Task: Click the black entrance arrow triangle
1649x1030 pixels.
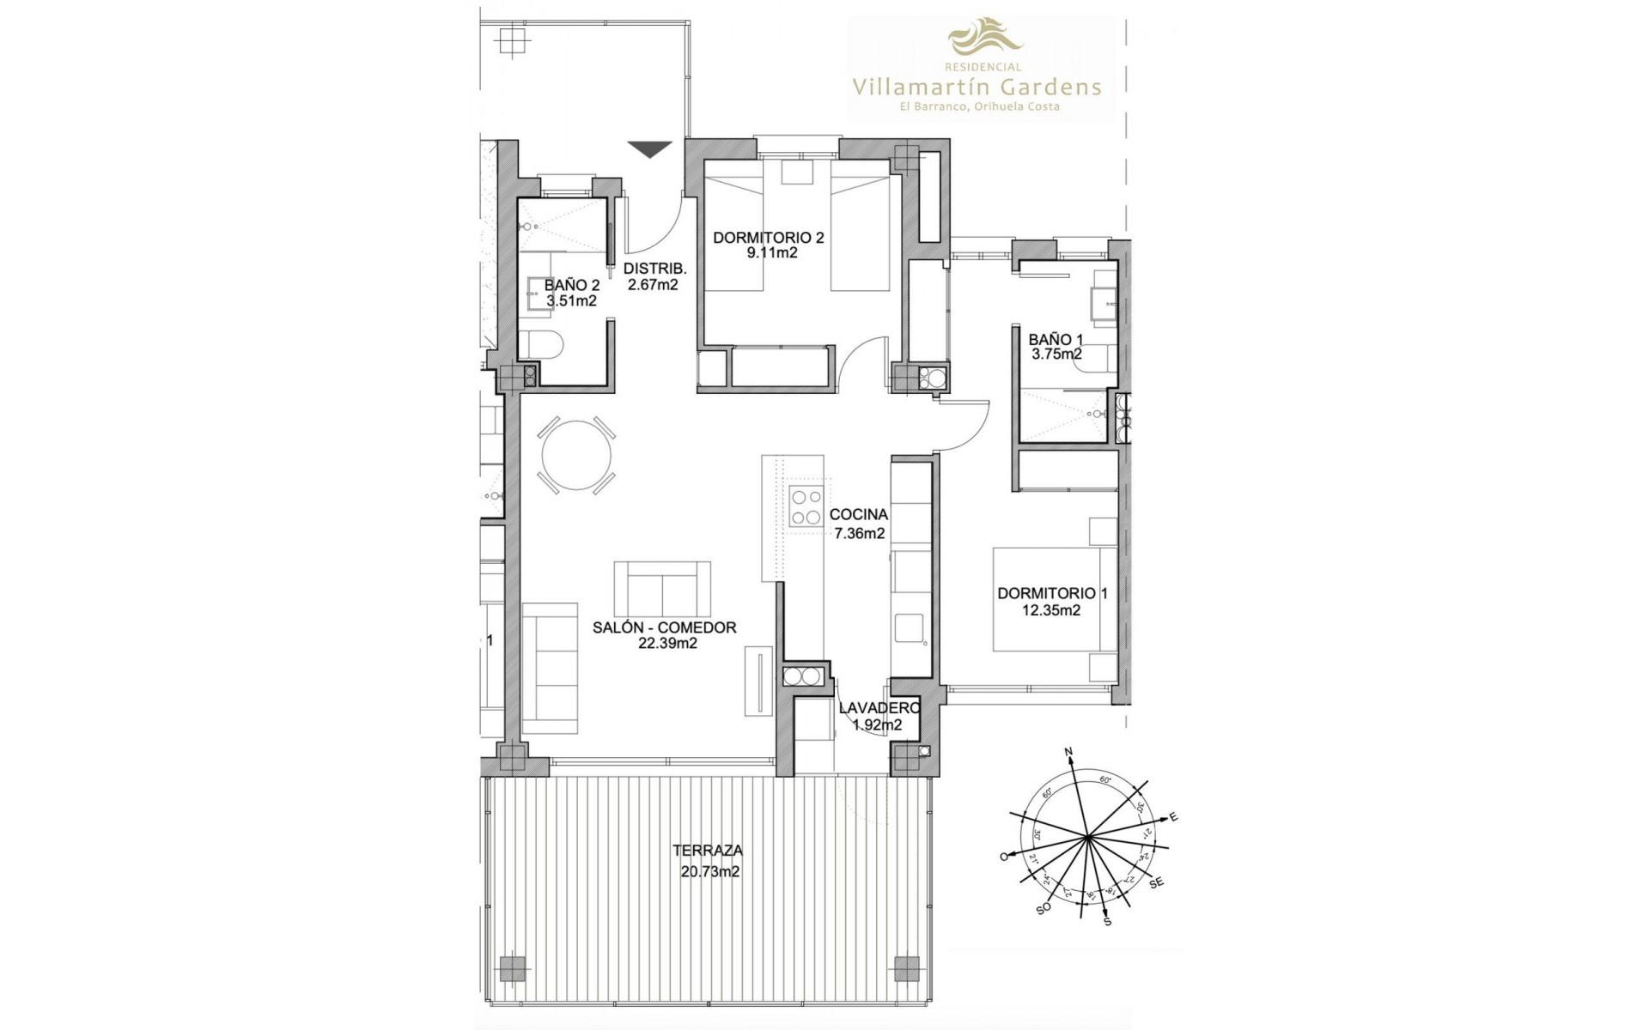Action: pyautogui.click(x=648, y=149)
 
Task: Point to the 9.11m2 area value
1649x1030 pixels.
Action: pyautogui.click(x=768, y=253)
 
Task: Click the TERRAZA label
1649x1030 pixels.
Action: pyautogui.click(x=708, y=851)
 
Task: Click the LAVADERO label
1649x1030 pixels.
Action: pyautogui.click(x=879, y=708)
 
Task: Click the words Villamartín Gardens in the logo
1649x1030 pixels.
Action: pyautogui.click(x=977, y=86)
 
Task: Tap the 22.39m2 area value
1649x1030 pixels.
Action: pyautogui.click(x=665, y=643)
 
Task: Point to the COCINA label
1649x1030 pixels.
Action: pyautogui.click(x=859, y=515)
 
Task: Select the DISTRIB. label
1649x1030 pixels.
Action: pyautogui.click(x=652, y=268)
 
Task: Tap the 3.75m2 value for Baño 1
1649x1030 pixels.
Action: pyautogui.click(x=1056, y=354)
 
